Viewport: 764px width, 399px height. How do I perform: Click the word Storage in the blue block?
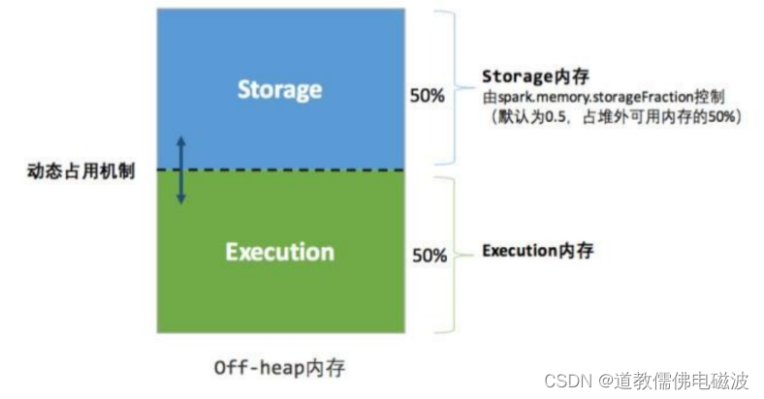[x=279, y=90]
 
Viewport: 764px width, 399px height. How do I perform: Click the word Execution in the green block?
[x=279, y=253]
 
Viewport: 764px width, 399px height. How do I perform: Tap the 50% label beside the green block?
[x=430, y=256]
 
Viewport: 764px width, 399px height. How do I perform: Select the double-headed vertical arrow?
[x=181, y=170]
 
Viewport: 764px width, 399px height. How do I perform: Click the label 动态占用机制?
[x=81, y=171]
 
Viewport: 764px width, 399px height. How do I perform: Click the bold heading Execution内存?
[x=537, y=251]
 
